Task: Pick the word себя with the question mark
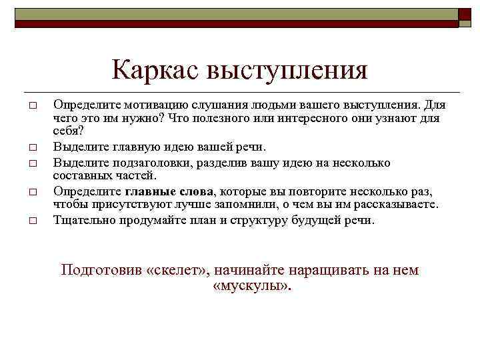coord(68,130)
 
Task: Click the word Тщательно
coord(83,220)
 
